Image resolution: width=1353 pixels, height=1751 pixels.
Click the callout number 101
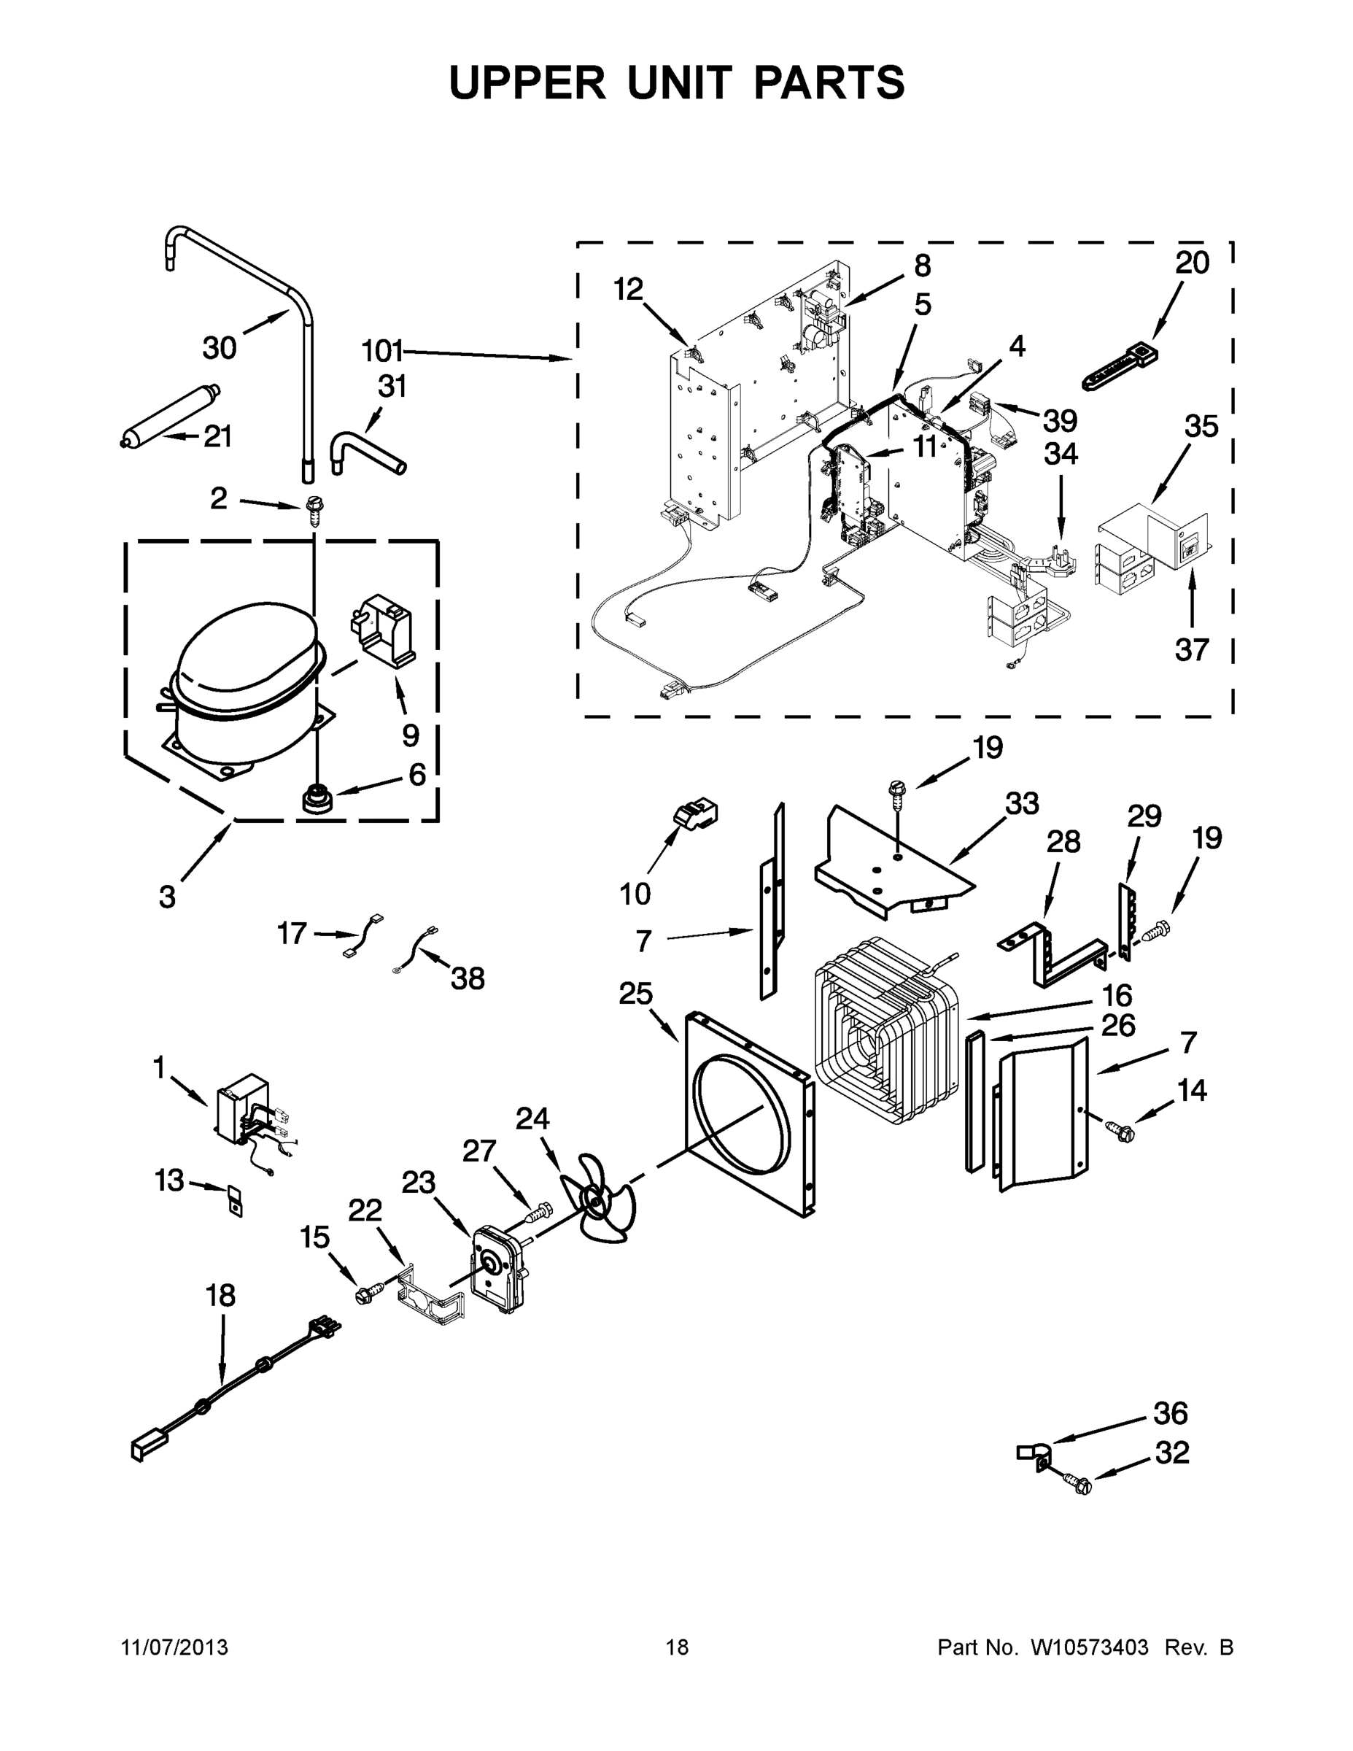tap(381, 350)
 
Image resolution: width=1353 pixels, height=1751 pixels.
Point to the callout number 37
tap(1191, 649)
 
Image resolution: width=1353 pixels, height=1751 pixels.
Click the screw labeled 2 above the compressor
tap(314, 509)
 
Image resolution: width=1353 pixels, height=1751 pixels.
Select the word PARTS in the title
tap(828, 82)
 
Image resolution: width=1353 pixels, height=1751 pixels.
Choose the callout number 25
tap(635, 994)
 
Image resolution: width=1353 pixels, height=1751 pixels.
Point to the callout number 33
tap(1022, 803)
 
